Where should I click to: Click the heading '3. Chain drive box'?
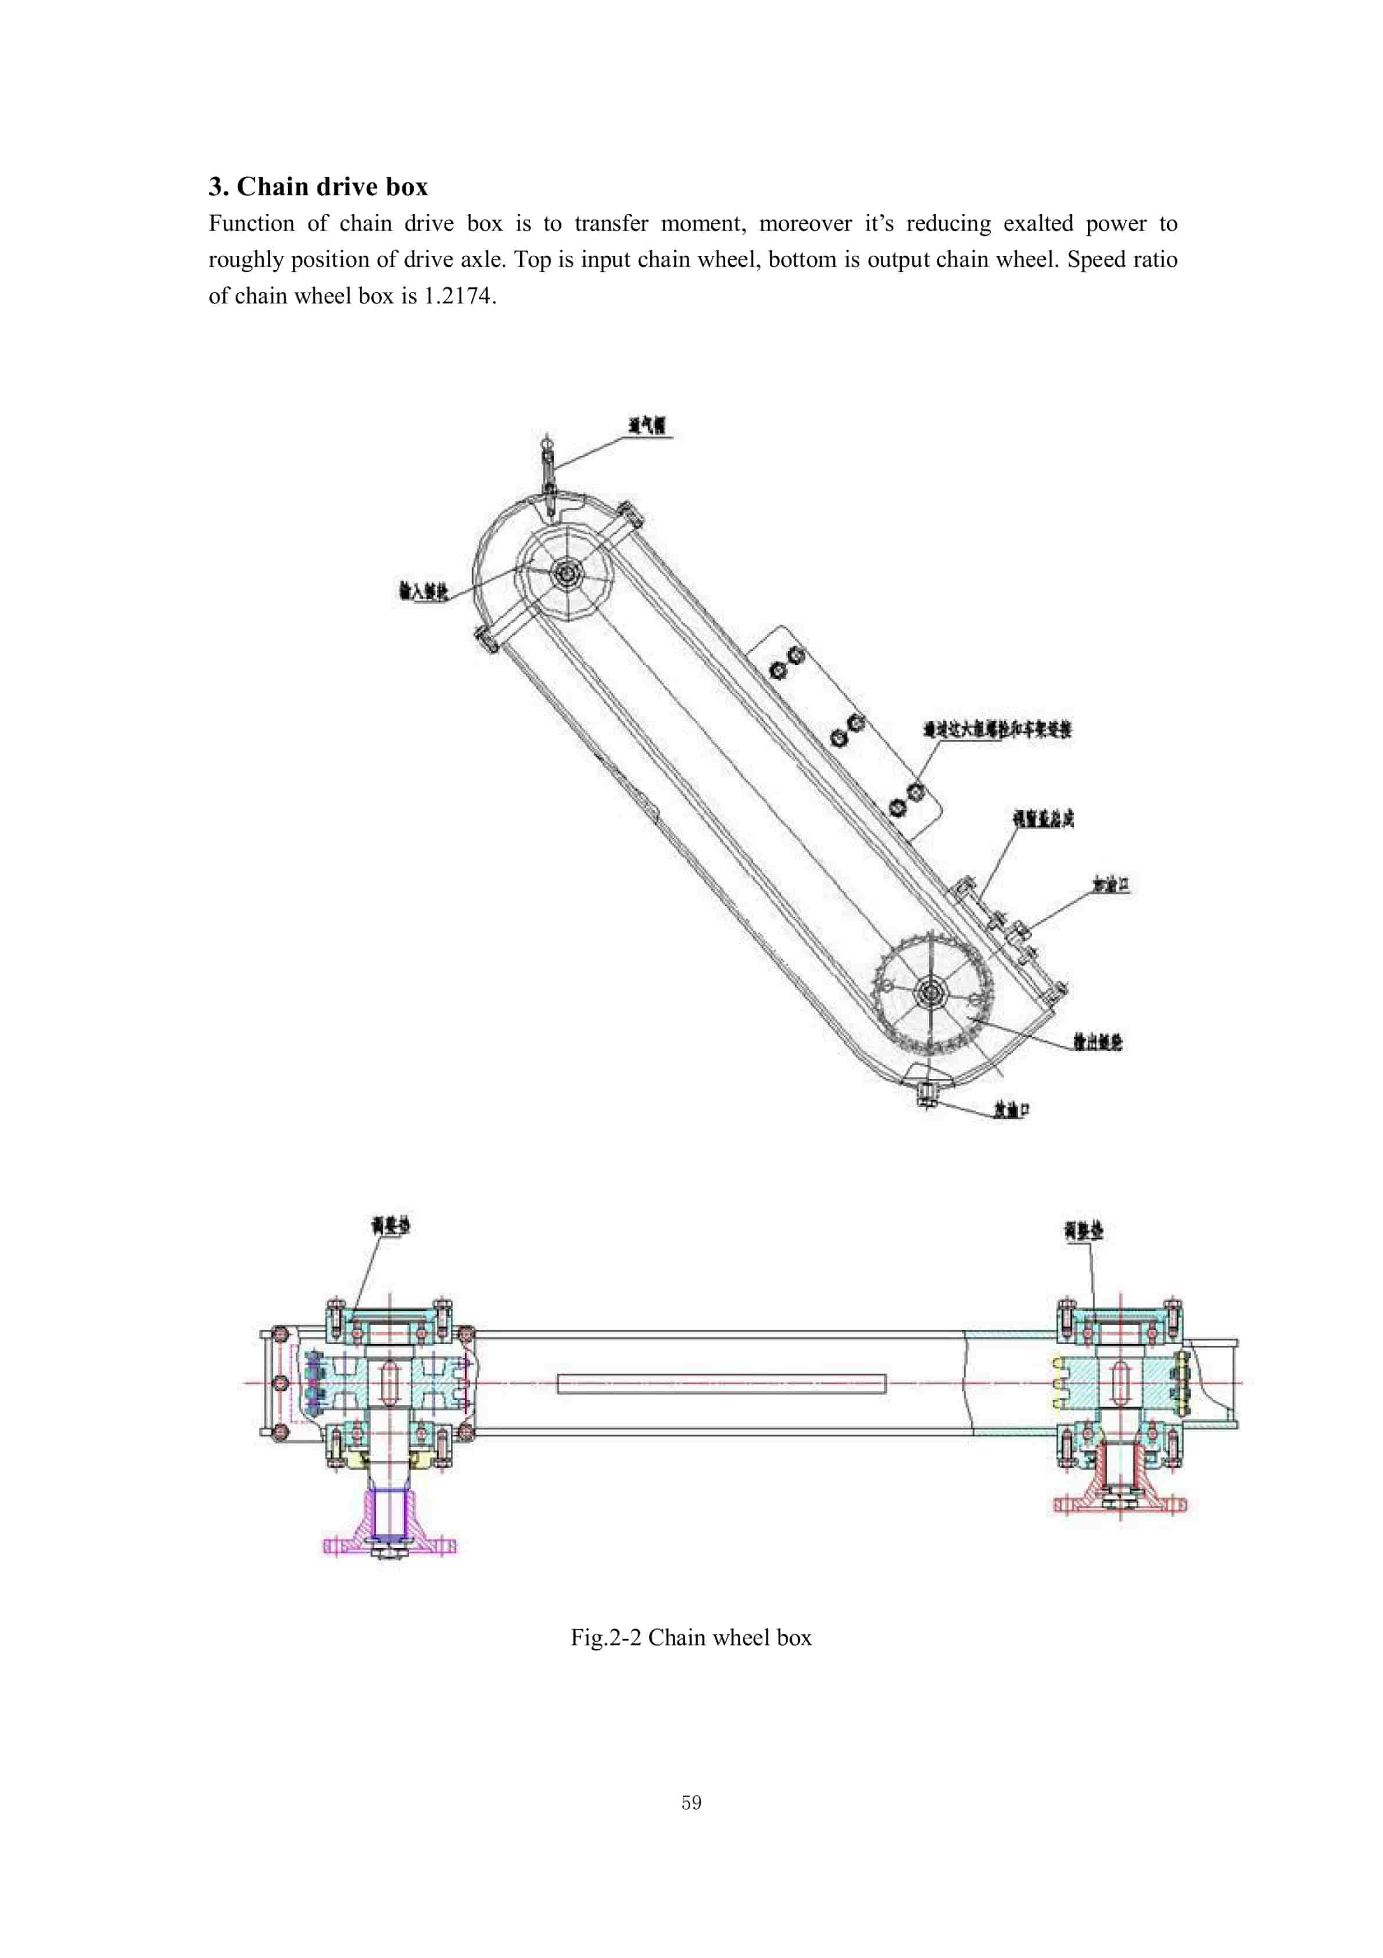coord(318,186)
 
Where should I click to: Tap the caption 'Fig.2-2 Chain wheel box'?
coord(691,1637)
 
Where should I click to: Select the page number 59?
coord(691,1802)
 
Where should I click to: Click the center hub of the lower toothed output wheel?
coord(929,992)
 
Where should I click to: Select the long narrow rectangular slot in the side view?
coord(721,1383)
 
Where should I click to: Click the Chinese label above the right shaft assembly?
coord(1083,1231)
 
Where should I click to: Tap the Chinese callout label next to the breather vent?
coord(647,425)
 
